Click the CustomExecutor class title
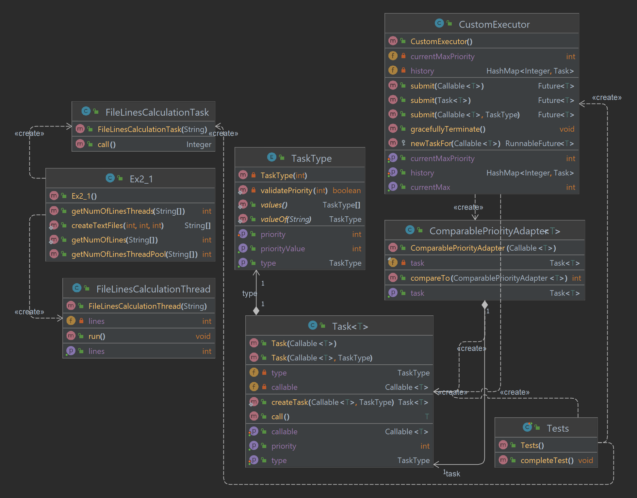[x=494, y=25]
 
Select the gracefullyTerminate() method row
[x=448, y=129]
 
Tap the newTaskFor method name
[x=431, y=143]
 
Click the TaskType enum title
[x=311, y=158]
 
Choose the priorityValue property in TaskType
[x=283, y=249]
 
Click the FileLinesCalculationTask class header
[x=157, y=112]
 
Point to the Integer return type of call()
[x=199, y=144]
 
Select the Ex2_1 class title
[x=141, y=179]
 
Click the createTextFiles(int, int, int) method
[x=117, y=225]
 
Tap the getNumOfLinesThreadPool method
[x=134, y=254]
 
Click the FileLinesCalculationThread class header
[x=153, y=289]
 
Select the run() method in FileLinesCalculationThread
[x=97, y=336]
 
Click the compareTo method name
[x=430, y=278]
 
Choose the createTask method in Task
[x=289, y=402]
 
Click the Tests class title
[x=558, y=428]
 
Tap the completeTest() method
[x=547, y=460]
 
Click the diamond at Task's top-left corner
[x=256, y=311]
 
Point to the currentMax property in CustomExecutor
[x=430, y=187]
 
